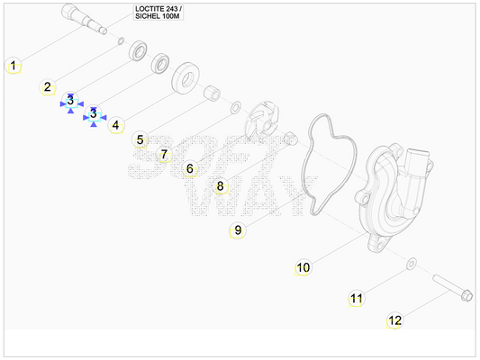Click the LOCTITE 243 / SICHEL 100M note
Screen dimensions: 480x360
[158, 13]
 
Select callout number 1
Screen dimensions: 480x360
[14, 65]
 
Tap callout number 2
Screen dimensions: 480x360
[47, 87]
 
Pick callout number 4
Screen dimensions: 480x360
[115, 125]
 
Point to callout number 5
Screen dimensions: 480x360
[140, 139]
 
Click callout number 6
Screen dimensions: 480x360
[190, 168]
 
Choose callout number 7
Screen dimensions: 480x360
[165, 154]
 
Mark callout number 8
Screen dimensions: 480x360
[220, 185]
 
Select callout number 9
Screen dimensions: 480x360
[238, 230]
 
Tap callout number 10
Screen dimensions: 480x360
[303, 267]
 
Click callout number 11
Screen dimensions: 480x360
[357, 298]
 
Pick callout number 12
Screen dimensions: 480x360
[394, 320]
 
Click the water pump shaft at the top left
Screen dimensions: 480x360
[84, 19]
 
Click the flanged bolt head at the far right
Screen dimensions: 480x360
[467, 295]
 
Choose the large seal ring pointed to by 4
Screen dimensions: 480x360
[186, 77]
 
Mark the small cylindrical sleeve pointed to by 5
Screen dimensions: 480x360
[212, 94]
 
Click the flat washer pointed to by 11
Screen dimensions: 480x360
[412, 264]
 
